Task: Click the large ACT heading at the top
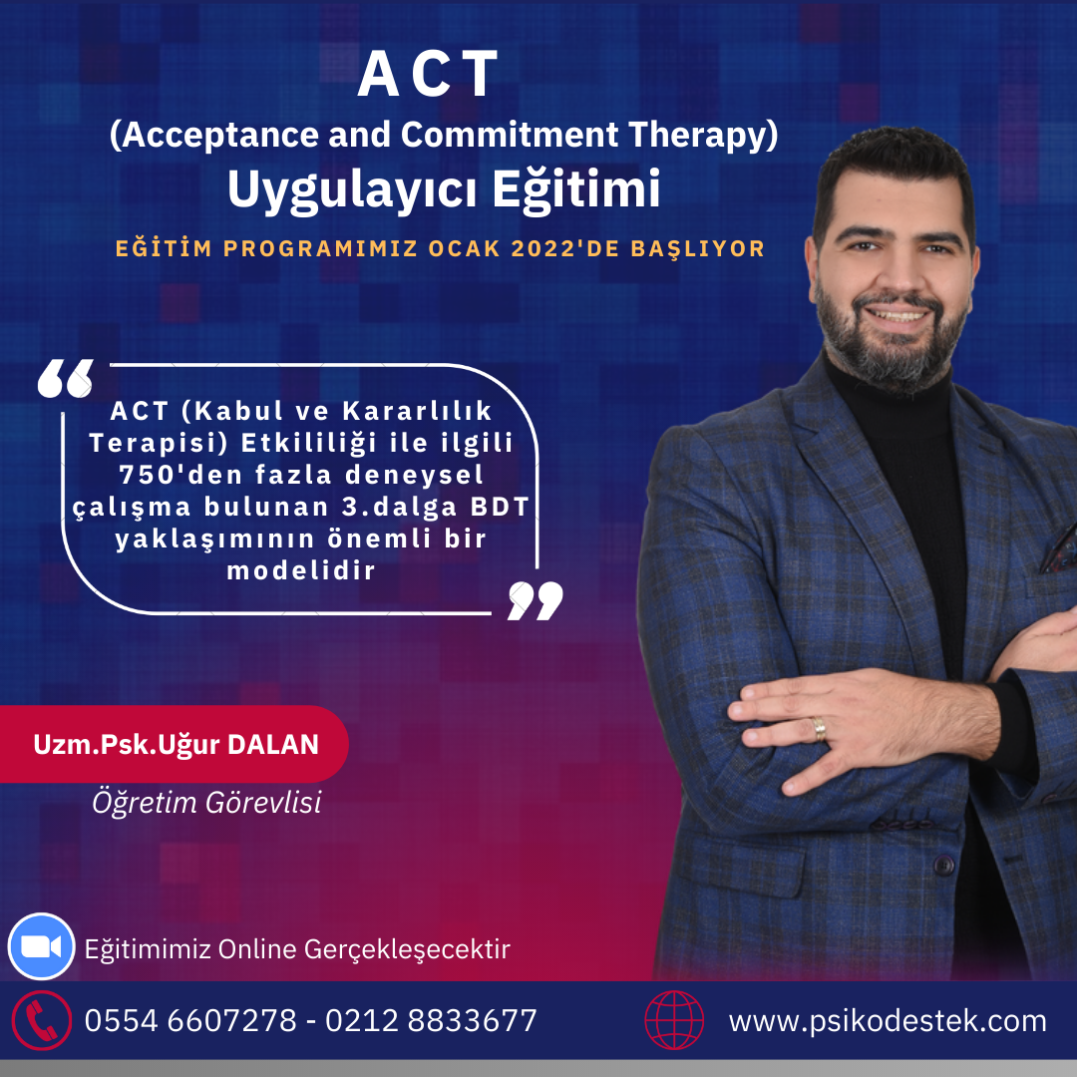coord(427,74)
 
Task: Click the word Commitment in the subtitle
coord(509,134)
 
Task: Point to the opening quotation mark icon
coord(65,379)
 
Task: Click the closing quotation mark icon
coord(536,601)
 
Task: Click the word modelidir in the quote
coord(301,570)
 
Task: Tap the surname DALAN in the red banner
coord(272,745)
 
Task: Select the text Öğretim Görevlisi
coord(206,802)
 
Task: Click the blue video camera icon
coord(41,946)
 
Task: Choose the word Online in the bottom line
coord(257,949)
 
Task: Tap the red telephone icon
coord(41,1021)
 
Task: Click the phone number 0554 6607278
coord(190,1021)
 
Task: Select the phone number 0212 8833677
coord(431,1021)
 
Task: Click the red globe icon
coord(674,1020)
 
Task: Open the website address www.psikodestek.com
coord(888,1021)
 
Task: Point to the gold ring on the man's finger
coord(820,729)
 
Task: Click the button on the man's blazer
coord(944,864)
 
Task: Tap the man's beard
coord(890,347)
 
